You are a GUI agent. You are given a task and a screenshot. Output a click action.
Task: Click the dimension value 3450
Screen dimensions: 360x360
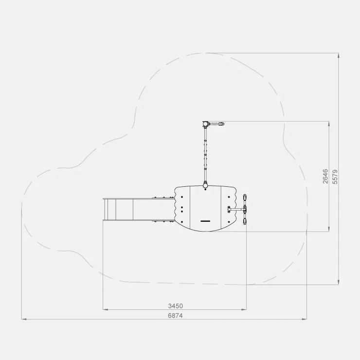(x=176, y=306)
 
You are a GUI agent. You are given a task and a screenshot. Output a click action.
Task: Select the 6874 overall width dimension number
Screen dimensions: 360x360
(x=176, y=316)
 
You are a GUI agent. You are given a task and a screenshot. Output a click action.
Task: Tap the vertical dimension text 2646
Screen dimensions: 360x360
(x=325, y=176)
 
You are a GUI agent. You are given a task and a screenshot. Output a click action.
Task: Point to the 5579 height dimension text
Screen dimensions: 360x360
(x=335, y=177)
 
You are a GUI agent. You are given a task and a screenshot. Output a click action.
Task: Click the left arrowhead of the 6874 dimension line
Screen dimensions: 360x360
(x=24, y=319)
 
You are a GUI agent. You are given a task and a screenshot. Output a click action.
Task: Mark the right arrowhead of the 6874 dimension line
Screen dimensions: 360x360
(x=305, y=319)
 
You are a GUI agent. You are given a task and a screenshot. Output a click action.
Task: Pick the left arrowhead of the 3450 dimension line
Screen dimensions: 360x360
(x=106, y=309)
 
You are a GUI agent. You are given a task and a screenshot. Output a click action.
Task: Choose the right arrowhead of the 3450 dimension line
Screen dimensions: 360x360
(x=244, y=309)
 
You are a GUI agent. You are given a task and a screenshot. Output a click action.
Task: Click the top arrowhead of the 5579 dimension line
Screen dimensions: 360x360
(x=339, y=55)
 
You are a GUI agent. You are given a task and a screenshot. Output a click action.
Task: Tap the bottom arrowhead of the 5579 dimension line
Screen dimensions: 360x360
(x=339, y=282)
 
